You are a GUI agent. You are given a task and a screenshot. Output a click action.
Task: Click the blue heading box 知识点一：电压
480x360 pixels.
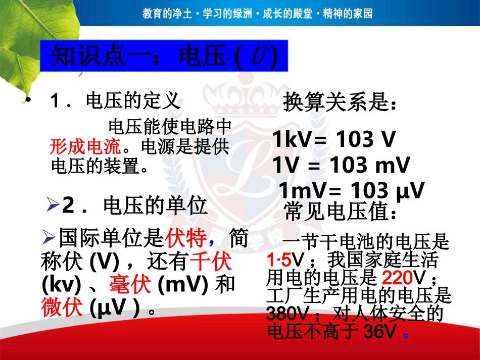[164, 57]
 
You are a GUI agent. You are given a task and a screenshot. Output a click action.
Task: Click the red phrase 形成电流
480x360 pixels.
[86, 147]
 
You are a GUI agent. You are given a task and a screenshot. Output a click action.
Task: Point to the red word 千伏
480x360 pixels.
[211, 262]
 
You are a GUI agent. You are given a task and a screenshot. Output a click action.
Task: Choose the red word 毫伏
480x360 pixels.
[130, 285]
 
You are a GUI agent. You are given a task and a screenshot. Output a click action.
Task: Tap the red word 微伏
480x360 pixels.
[62, 308]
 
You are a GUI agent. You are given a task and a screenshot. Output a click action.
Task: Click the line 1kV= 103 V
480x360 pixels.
[333, 139]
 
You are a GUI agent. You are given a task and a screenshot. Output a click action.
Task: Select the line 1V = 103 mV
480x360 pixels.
[341, 165]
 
